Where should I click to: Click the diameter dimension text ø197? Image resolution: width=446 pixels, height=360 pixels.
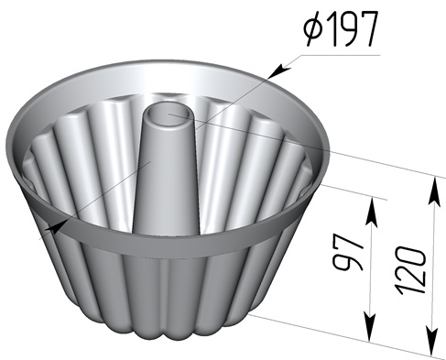(x=341, y=28)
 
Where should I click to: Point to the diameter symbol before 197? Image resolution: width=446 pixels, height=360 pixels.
(x=313, y=29)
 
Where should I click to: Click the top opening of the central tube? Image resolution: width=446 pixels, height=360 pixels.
(x=169, y=115)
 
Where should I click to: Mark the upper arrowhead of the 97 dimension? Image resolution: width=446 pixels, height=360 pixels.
(x=372, y=212)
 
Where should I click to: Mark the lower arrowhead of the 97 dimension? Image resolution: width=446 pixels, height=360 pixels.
(x=370, y=326)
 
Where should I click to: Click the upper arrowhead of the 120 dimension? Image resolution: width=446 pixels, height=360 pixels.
(x=434, y=191)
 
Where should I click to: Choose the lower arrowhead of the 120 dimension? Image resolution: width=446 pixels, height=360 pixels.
(x=432, y=341)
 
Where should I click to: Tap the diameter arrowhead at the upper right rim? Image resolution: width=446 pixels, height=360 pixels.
(x=280, y=71)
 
